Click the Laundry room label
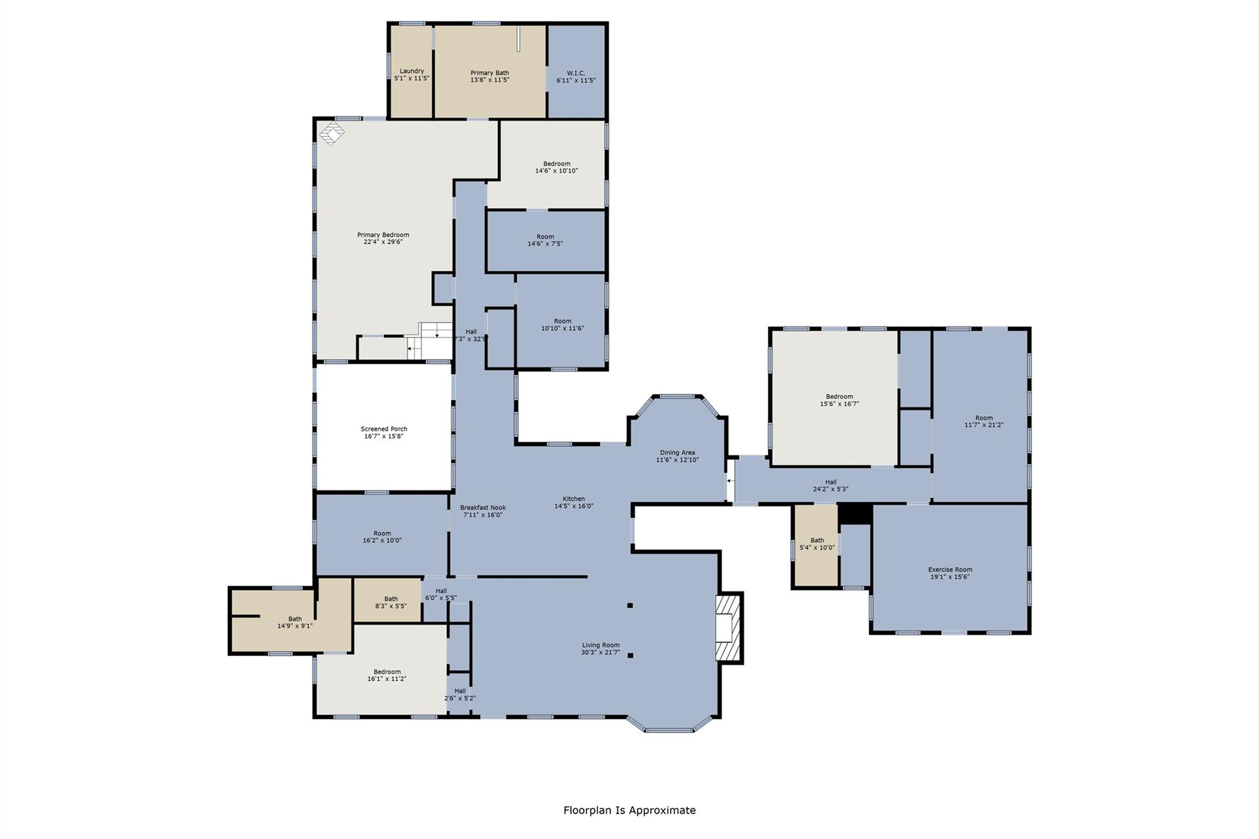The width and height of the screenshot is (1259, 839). click(411, 71)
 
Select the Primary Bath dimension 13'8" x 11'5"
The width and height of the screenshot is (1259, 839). click(489, 79)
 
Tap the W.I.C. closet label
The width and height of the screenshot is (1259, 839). click(575, 73)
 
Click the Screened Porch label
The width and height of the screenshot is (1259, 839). click(384, 429)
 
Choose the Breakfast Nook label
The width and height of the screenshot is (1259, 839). click(483, 508)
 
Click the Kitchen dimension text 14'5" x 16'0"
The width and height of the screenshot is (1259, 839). click(574, 506)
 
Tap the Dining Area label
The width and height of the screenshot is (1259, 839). click(677, 452)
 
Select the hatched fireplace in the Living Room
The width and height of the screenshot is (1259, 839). click(729, 628)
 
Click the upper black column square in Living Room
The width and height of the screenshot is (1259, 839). click(630, 605)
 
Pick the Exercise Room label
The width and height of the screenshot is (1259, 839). click(950, 570)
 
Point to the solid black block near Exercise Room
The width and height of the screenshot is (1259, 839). click(855, 514)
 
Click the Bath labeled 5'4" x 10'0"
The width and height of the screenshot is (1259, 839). click(817, 544)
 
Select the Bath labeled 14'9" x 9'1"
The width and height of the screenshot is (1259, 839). click(295, 623)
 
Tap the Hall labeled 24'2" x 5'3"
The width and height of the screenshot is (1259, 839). click(831, 486)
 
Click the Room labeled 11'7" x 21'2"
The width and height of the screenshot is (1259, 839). click(984, 421)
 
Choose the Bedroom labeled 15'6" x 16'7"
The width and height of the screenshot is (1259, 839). click(839, 400)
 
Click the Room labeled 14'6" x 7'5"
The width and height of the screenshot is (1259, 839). click(545, 240)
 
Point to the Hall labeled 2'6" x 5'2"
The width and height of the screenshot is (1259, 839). click(460, 695)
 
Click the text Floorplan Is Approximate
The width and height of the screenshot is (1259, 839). click(629, 810)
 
